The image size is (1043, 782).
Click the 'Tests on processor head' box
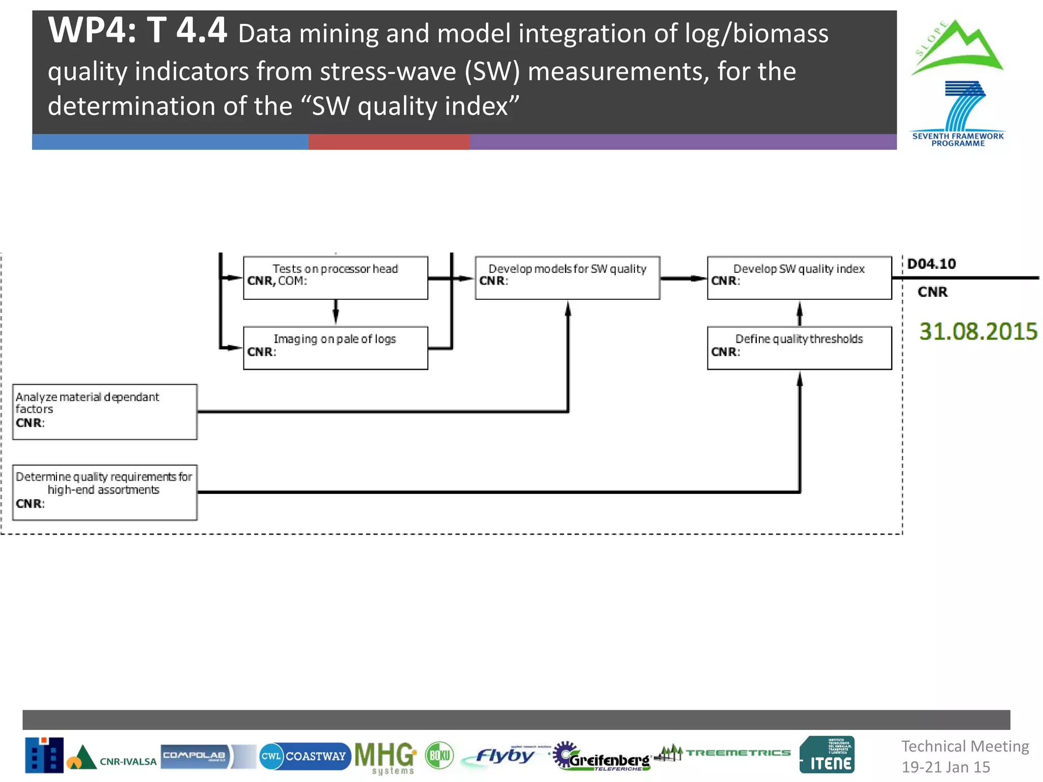pyautogui.click(x=335, y=277)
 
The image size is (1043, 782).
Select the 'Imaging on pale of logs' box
pyautogui.click(x=335, y=348)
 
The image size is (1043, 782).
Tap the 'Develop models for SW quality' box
pyautogui.click(x=567, y=277)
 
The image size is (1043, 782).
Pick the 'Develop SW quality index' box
pyautogui.click(x=799, y=277)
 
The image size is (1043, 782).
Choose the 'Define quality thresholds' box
pyautogui.click(x=799, y=348)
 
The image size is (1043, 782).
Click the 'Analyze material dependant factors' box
pyautogui.click(x=104, y=411)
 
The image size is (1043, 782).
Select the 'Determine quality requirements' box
pyautogui.click(x=104, y=492)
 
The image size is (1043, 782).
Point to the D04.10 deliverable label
pyautogui.click(x=931, y=264)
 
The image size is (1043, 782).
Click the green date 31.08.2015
pyautogui.click(x=978, y=331)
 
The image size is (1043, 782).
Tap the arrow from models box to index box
pyautogui.click(x=683, y=278)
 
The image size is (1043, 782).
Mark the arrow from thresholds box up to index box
pyautogui.click(x=800, y=313)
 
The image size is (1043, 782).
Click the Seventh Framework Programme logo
pyautogui.click(x=958, y=115)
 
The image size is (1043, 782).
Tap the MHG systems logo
pyautogui.click(x=385, y=757)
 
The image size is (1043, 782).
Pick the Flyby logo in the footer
pyautogui.click(x=504, y=756)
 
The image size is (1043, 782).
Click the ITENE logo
pyautogui.click(x=827, y=755)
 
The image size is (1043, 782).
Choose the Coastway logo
pyautogui.click(x=305, y=756)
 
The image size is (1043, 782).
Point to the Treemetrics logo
pyautogui.click(x=723, y=753)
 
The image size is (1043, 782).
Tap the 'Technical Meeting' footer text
pyautogui.click(x=965, y=746)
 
